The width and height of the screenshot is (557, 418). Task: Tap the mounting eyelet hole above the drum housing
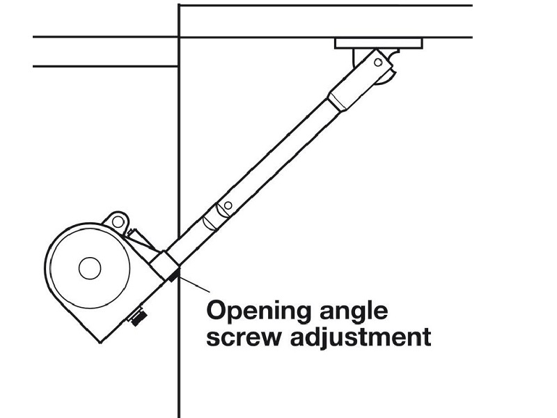pyautogui.click(x=118, y=222)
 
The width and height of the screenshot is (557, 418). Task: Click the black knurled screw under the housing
pyautogui.click(x=138, y=318)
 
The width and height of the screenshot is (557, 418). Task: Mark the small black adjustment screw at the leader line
pyautogui.click(x=172, y=276)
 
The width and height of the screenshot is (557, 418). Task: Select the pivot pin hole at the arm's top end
pyautogui.click(x=377, y=63)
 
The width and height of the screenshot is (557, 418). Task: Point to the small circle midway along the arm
pyautogui.click(x=226, y=207)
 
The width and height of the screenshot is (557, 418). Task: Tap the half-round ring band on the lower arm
pyautogui.click(x=209, y=223)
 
